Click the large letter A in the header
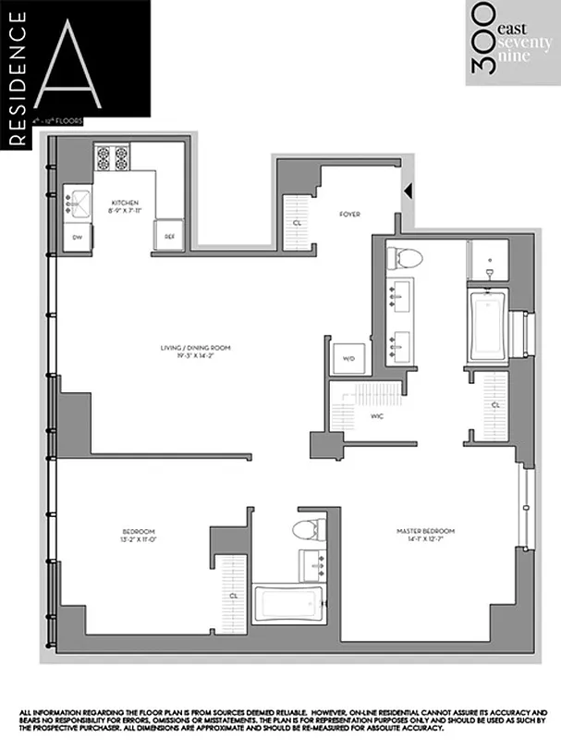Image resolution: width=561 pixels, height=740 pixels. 90,63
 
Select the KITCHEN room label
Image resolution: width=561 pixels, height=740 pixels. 126,202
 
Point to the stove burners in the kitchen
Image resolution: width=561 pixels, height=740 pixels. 112,158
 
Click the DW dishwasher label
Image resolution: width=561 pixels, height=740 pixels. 78,238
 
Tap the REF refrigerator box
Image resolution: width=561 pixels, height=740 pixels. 169,236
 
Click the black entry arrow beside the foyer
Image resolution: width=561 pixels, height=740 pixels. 407,192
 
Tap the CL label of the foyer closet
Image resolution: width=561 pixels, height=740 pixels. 297,223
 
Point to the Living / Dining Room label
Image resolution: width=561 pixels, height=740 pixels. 194,348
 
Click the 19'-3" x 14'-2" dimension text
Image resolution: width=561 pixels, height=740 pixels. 194,356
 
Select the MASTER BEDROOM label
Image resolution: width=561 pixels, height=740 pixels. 425,530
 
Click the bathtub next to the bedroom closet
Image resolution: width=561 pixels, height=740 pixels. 287,606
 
